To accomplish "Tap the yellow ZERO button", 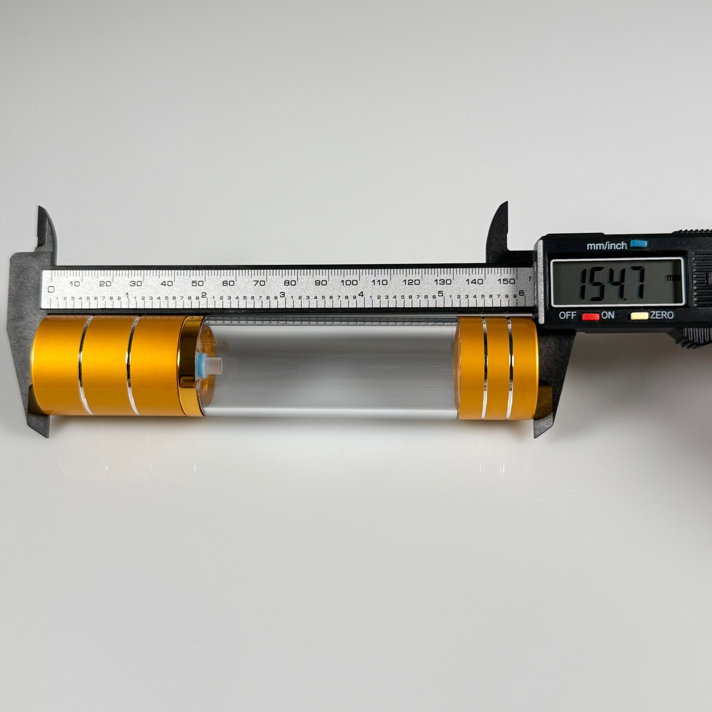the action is click(x=639, y=316).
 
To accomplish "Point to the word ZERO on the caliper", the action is click(x=662, y=315).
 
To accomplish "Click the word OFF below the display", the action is click(x=567, y=315).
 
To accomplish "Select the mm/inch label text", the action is click(x=607, y=245).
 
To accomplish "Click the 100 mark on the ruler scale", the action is click(x=349, y=283).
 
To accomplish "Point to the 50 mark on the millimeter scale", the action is click(x=197, y=283).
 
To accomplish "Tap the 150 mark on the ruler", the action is click(x=505, y=281).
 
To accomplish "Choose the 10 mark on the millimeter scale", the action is click(x=74, y=284).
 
